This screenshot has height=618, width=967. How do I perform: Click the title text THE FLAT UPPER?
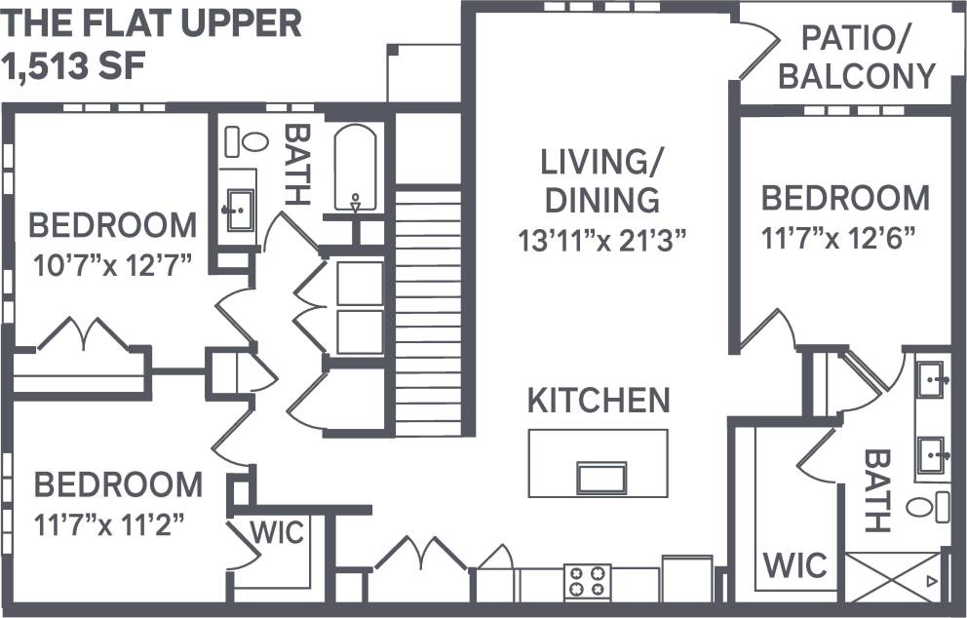pos(153,24)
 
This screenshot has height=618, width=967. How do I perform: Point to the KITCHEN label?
pos(599,400)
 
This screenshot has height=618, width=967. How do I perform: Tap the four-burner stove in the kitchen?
pos(588,582)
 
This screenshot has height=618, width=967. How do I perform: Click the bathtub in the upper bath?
pos(356,168)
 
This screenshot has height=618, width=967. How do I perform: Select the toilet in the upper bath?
pos(247,142)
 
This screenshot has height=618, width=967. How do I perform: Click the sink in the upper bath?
pos(238,207)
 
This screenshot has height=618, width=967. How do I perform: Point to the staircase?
pos(428,312)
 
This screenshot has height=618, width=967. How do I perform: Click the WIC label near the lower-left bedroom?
pos(277,533)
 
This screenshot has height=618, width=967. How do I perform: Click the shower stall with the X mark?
pos(893,577)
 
